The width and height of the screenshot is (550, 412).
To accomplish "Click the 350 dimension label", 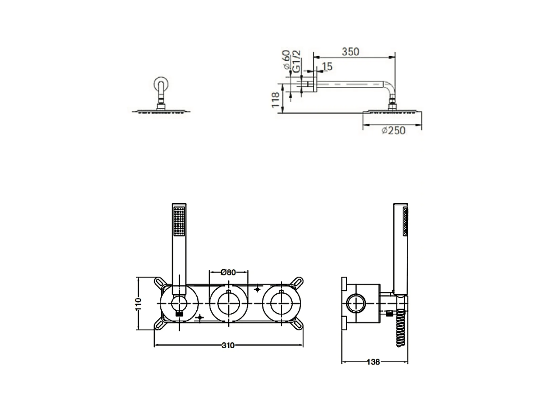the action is tap(350, 52).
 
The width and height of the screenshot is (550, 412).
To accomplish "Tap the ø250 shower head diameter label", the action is tap(393, 130).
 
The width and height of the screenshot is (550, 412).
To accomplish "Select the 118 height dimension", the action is tap(276, 100).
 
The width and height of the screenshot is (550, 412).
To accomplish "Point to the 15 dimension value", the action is tap(327, 66).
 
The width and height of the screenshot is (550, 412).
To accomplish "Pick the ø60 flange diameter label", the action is tap(287, 60).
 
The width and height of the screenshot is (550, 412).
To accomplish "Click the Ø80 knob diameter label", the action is tap(228, 272).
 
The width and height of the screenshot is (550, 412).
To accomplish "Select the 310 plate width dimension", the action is tap(228, 346).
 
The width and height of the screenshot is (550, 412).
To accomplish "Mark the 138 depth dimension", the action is tap(374, 362).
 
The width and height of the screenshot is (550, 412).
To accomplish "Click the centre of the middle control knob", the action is tap(229, 304).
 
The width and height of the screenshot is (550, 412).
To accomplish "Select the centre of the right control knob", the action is tap(281, 304).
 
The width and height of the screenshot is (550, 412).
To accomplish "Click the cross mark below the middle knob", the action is tap(200, 317).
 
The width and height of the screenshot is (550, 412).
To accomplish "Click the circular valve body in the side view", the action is tap(356, 304).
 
